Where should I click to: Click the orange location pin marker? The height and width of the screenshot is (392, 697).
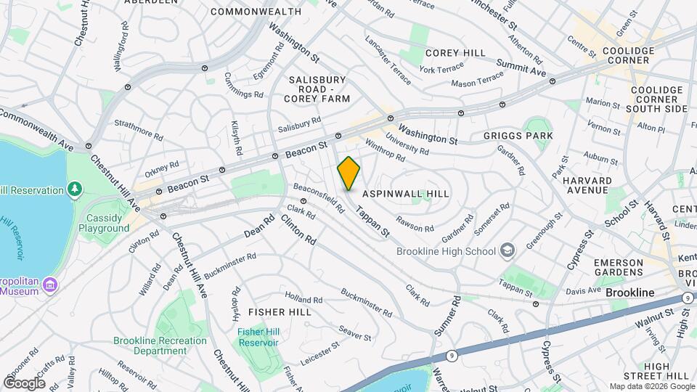[348, 173]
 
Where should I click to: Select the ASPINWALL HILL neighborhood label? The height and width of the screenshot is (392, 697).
[406, 194]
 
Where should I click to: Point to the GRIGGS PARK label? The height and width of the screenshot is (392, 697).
[518, 136]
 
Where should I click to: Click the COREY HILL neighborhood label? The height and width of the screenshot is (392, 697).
[455, 53]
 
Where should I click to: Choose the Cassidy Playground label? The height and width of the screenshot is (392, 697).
[108, 223]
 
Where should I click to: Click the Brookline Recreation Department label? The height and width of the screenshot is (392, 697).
[160, 346]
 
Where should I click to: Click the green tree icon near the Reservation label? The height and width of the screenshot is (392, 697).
[74, 189]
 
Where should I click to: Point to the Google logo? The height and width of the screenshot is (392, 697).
[24, 383]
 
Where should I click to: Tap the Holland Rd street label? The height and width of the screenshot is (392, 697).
[303, 299]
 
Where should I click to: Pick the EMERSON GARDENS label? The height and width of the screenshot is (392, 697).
[619, 266]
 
